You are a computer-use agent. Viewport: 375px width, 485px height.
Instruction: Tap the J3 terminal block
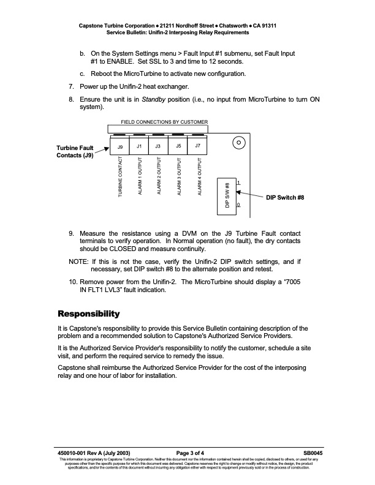click(x=158, y=146)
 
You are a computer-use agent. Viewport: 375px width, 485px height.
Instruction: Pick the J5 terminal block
click(x=178, y=146)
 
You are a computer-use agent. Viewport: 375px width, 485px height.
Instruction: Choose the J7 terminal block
click(x=197, y=146)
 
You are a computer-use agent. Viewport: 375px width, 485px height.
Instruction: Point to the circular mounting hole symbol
click(x=239, y=143)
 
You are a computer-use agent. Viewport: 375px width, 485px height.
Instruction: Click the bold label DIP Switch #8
click(x=285, y=198)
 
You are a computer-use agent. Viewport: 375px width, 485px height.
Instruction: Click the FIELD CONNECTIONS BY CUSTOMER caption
click(x=160, y=122)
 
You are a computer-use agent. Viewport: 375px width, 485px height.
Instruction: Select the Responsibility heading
click(x=88, y=314)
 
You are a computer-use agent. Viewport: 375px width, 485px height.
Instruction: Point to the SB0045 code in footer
click(x=312, y=453)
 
